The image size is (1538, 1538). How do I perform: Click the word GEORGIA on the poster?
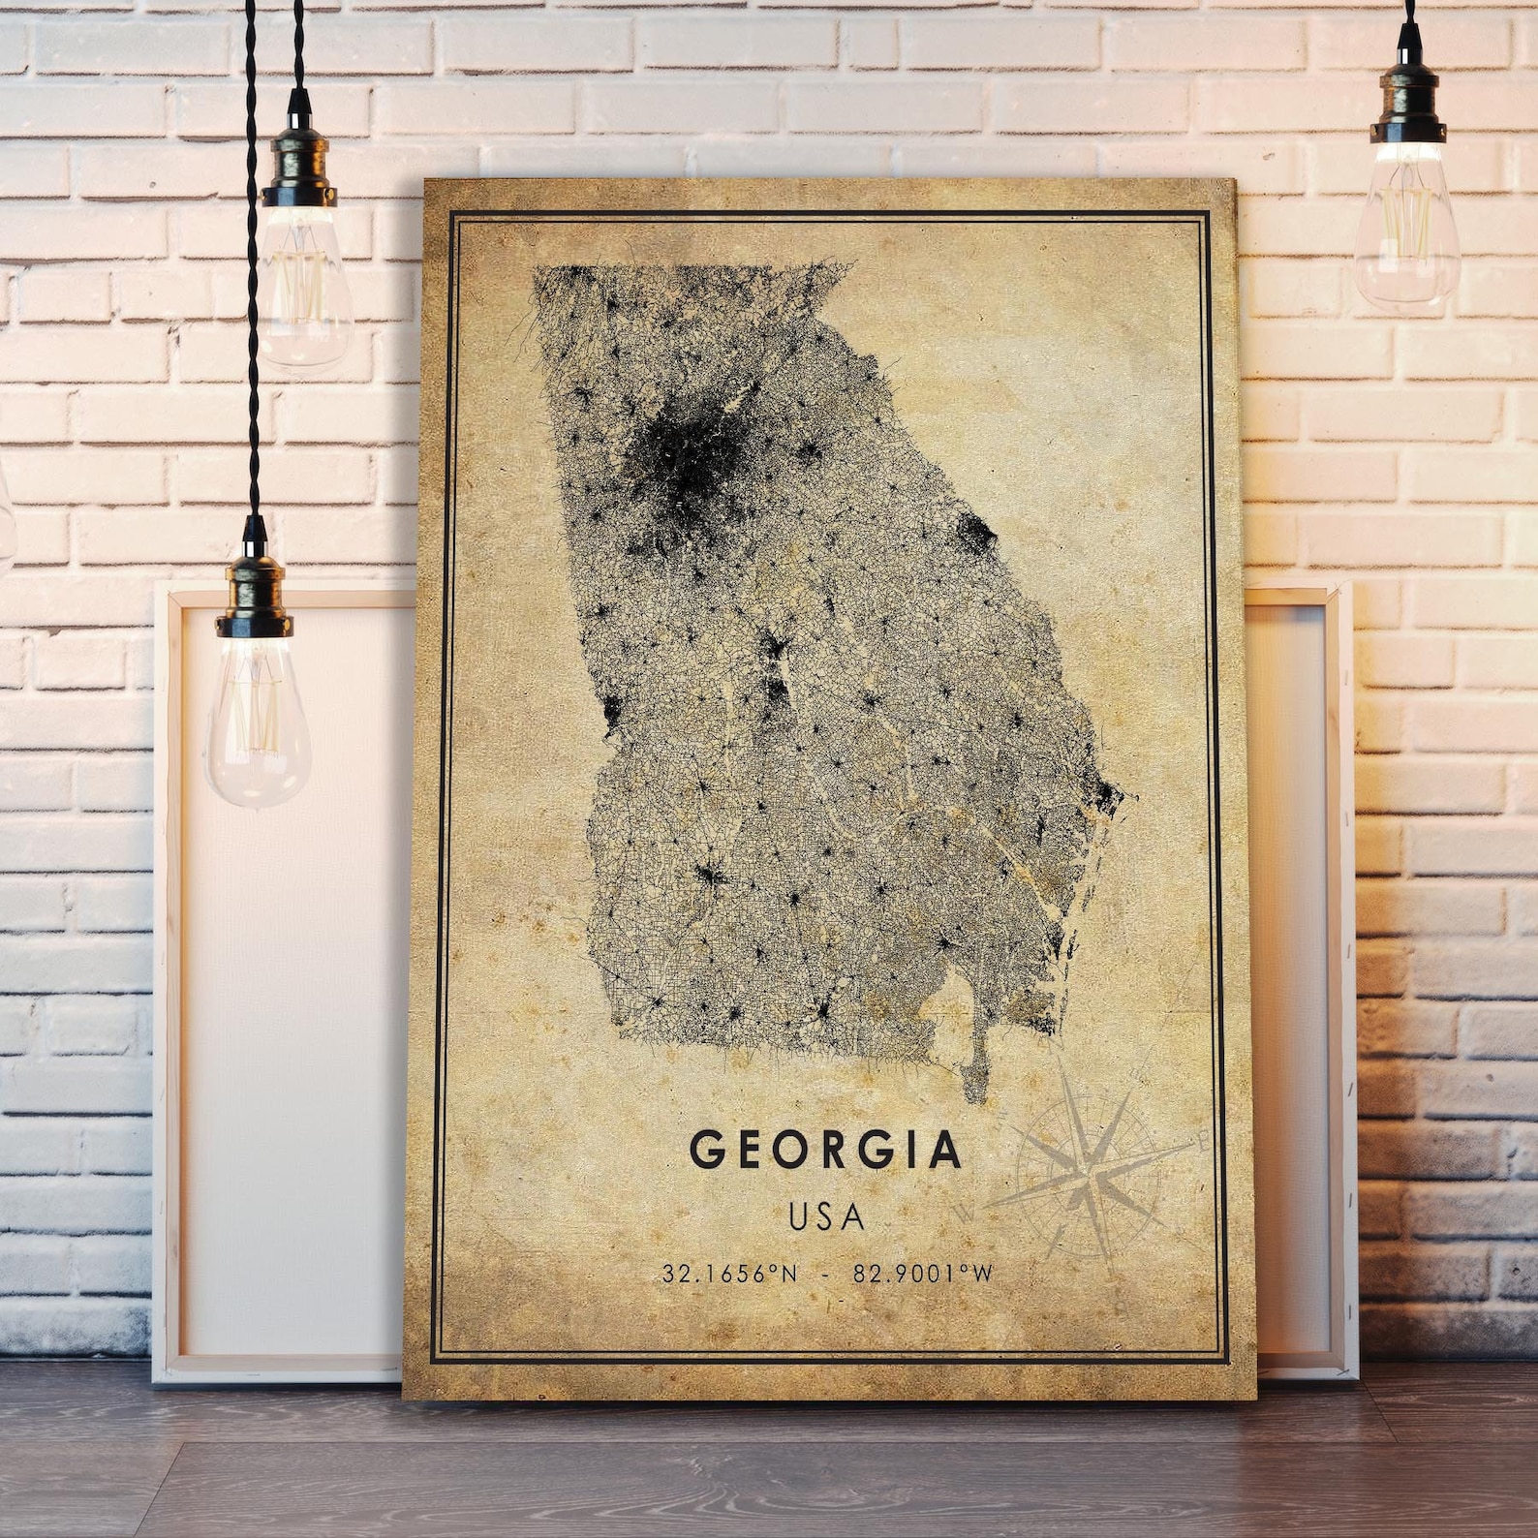[826, 1150]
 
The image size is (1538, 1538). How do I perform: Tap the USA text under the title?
[826, 1216]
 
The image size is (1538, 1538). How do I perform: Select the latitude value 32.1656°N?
[730, 1273]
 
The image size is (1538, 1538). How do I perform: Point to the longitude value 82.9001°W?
[923, 1273]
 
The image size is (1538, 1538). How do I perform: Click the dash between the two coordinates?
[824, 1273]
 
